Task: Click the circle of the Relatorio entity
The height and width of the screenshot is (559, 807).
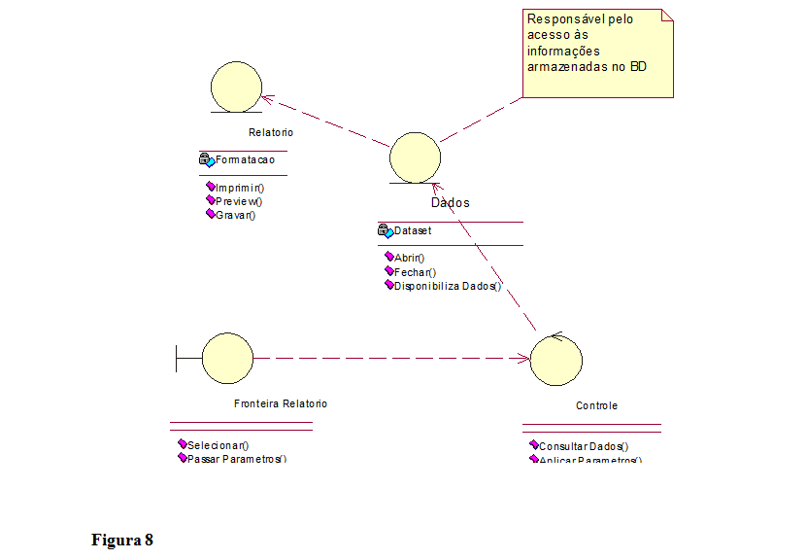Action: pyautogui.click(x=236, y=86)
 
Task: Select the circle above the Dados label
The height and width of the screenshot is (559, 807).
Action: pyautogui.click(x=415, y=157)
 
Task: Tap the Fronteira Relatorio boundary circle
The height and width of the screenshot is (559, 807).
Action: pyautogui.click(x=227, y=358)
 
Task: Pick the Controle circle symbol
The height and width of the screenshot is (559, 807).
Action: pyautogui.click(x=556, y=359)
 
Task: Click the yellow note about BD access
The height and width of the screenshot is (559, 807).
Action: pyautogui.click(x=597, y=54)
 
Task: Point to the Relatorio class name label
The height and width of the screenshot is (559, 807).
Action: pyautogui.click(x=270, y=132)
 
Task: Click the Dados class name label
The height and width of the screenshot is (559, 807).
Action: pyautogui.click(x=450, y=202)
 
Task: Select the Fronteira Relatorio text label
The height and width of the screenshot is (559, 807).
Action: pyautogui.click(x=281, y=403)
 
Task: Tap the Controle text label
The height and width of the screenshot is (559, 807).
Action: pyautogui.click(x=596, y=405)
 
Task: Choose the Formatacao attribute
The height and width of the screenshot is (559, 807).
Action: pyautogui.click(x=244, y=159)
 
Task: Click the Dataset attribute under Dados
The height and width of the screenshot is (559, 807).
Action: pyautogui.click(x=412, y=231)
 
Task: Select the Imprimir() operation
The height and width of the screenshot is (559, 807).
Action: pyautogui.click(x=239, y=188)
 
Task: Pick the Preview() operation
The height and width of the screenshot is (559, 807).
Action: pyautogui.click(x=238, y=201)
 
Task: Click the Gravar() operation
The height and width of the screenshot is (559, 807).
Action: pyautogui.click(x=234, y=215)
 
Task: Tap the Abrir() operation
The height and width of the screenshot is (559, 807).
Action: pyautogui.click(x=409, y=258)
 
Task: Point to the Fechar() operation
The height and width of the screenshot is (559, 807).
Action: pyautogui.click(x=415, y=272)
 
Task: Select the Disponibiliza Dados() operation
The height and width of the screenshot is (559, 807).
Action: pyautogui.click(x=447, y=286)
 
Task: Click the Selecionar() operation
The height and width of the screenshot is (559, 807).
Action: pyautogui.click(x=218, y=445)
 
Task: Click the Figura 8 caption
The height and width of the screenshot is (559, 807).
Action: pyautogui.click(x=122, y=540)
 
